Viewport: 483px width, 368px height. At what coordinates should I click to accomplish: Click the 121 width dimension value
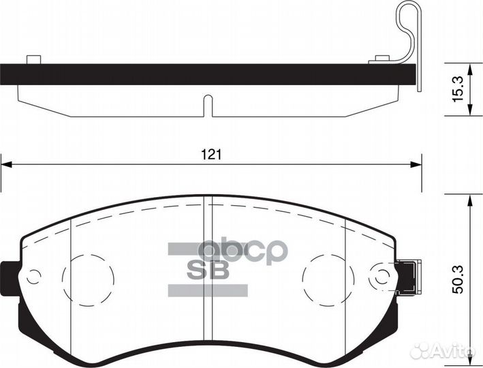(211, 154)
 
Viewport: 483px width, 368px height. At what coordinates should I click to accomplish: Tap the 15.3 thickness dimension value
(457, 89)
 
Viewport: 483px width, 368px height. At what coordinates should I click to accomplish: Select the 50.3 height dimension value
(458, 280)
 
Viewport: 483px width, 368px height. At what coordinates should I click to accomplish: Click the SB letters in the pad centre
(208, 270)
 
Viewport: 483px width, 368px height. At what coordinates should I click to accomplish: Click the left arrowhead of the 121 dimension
(6, 165)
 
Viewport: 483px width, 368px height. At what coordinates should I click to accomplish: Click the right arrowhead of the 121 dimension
(416, 165)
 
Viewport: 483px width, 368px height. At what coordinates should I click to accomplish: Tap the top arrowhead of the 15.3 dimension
(470, 70)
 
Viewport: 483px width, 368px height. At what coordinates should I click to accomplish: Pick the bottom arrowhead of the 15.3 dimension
(470, 110)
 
